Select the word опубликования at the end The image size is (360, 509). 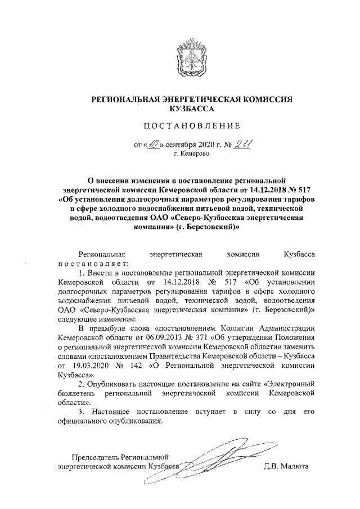(x=137, y=420)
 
